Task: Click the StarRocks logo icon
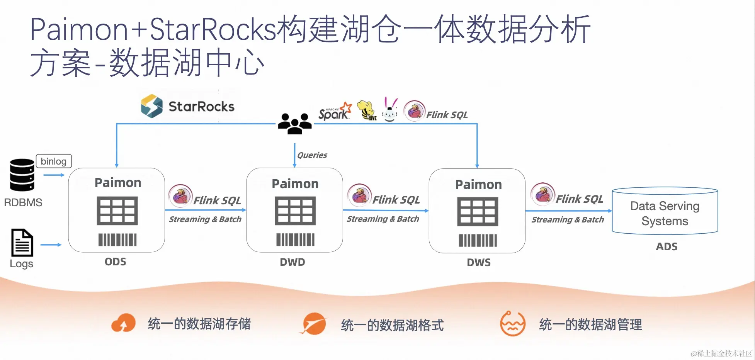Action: tap(151, 106)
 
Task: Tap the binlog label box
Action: tap(54, 161)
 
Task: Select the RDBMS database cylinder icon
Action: tap(22, 175)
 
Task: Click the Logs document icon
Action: tap(22, 243)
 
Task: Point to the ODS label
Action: tap(116, 262)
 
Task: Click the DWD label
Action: tap(292, 262)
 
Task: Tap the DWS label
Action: tap(479, 263)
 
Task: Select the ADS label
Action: tap(667, 247)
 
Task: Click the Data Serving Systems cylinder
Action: tap(665, 211)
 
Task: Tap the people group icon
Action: tap(295, 124)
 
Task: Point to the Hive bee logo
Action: tap(367, 110)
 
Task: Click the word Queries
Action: tap(312, 155)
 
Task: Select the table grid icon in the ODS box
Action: tap(117, 211)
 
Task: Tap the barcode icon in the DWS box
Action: tap(478, 241)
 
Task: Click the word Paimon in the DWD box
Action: tap(295, 184)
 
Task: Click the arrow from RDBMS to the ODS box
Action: tap(54, 175)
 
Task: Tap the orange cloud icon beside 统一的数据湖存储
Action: tap(123, 323)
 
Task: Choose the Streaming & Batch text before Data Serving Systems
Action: tap(568, 220)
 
